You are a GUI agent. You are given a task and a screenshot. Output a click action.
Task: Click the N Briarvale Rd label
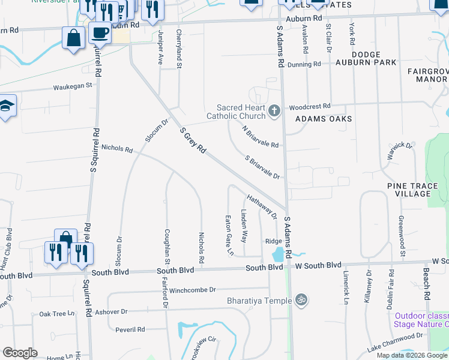[261, 137]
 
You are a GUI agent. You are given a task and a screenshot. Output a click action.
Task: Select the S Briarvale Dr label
[263, 167]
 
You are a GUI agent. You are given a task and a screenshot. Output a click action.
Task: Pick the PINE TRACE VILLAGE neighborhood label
[412, 190]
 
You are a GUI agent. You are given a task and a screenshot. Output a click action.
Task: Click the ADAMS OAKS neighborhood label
[324, 119]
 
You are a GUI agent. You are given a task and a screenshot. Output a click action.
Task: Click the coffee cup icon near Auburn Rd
[100, 32]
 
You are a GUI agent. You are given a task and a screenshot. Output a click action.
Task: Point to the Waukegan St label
[73, 86]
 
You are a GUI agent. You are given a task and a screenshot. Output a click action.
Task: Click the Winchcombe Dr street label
[192, 290]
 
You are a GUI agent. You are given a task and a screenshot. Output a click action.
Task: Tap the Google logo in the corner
[20, 353]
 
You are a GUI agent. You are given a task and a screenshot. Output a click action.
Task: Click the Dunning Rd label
[304, 65]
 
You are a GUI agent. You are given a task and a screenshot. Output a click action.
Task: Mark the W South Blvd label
[318, 265]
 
